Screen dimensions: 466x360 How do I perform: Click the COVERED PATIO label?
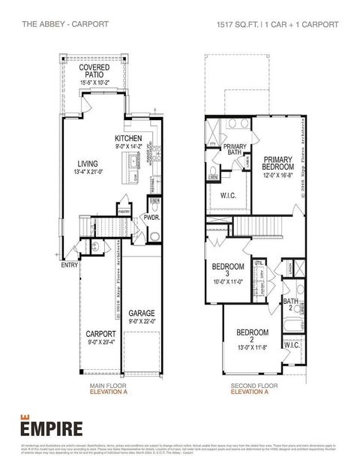tap(94, 71)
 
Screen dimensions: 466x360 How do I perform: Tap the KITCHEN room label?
tap(128, 139)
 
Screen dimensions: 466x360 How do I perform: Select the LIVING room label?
tap(88, 163)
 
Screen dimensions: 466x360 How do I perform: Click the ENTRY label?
tap(69, 264)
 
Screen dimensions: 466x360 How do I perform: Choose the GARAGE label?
tap(141, 313)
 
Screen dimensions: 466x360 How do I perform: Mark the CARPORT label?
tap(100, 333)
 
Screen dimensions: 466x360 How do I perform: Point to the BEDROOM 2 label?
tap(252, 332)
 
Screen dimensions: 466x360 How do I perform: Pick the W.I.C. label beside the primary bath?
tap(229, 196)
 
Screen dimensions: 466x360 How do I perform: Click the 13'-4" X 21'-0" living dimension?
tap(88, 172)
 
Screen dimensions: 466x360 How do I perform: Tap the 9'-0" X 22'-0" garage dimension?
tap(141, 321)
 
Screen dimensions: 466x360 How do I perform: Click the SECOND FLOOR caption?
tap(250, 386)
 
